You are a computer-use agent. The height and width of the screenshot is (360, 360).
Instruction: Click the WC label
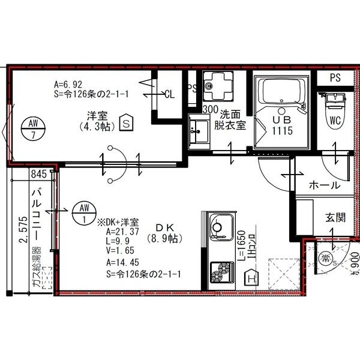point(334,120)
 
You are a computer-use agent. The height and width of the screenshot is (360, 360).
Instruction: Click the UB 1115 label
point(281,124)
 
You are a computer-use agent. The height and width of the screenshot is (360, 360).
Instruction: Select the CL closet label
point(169,94)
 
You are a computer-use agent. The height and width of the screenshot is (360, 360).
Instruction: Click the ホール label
point(324,185)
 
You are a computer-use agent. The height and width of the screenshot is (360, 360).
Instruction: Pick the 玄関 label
point(335,217)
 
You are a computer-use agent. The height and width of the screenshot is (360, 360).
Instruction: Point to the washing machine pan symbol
point(214,87)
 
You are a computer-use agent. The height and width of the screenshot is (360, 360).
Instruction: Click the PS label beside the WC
point(335,78)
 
